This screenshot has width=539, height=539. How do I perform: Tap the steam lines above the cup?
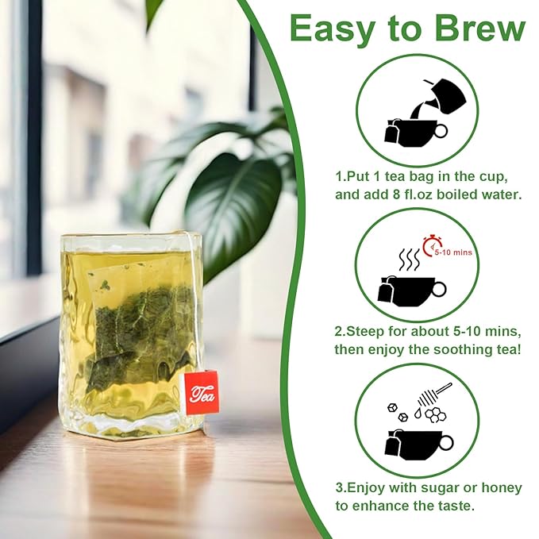(409, 260)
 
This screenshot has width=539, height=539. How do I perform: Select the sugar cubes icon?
(397, 412)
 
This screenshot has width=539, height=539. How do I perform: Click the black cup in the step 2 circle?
(413, 289)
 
